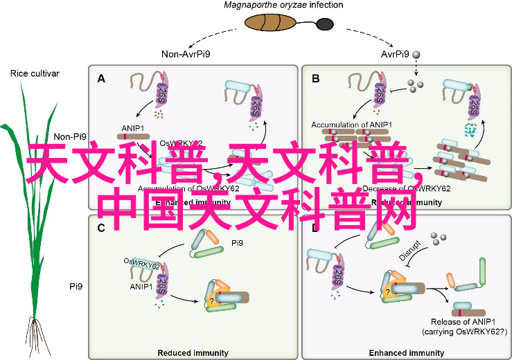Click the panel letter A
coord(101,78)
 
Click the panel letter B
coord(316,78)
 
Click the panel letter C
coord(101,228)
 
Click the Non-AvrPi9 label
coord(186,54)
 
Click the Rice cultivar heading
coord(35,73)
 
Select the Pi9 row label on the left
coord(76,285)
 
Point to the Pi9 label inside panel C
coord(238,244)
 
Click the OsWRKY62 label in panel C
coord(141,262)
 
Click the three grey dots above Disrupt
coord(436,240)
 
